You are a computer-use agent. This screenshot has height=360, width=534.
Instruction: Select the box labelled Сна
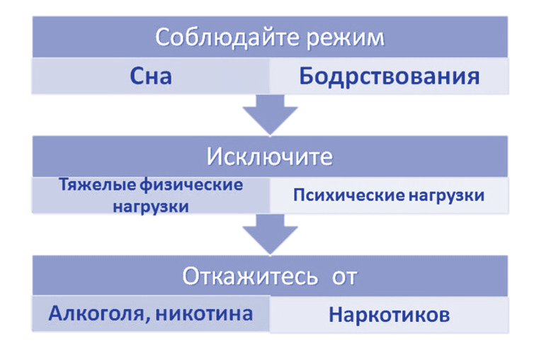pyautogui.click(x=151, y=76)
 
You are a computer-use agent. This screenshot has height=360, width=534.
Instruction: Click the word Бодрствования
pyautogui.click(x=389, y=76)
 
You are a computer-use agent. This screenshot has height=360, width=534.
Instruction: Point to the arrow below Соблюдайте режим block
pyautogui.click(x=269, y=114)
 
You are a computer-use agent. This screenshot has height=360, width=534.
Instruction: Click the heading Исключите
pyautogui.click(x=269, y=156)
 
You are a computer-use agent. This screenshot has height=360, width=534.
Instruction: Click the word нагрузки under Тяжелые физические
pyautogui.click(x=149, y=208)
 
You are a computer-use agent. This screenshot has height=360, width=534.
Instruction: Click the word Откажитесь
pyautogui.click(x=249, y=276)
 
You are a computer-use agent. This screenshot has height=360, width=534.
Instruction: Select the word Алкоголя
pyautogui.click(x=96, y=313)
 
